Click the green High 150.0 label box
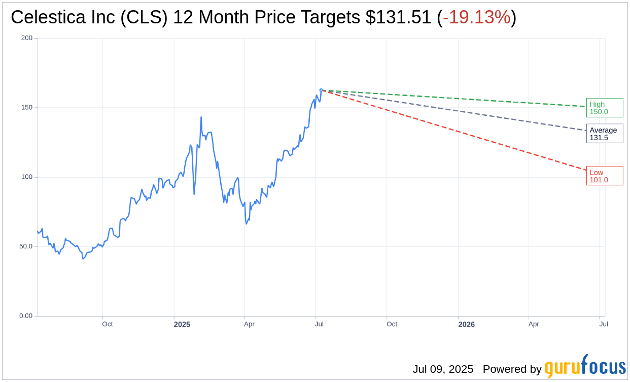click(x=604, y=108)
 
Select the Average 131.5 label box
click(x=604, y=134)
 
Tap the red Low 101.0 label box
click(x=604, y=176)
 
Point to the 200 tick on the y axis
click(x=27, y=38)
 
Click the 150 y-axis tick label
click(x=27, y=108)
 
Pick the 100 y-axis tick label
click(x=27, y=177)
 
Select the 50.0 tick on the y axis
click(x=26, y=246)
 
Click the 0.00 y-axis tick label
click(x=26, y=316)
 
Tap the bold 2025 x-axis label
click(x=182, y=324)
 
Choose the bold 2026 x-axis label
click(x=466, y=324)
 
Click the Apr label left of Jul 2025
click(x=249, y=324)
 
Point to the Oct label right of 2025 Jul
click(x=392, y=324)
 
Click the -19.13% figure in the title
click(x=476, y=17)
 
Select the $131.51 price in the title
click(x=398, y=17)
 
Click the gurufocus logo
click(x=585, y=366)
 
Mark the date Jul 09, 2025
click(x=442, y=369)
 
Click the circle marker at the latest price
click(x=321, y=90)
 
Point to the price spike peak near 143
click(x=201, y=117)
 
